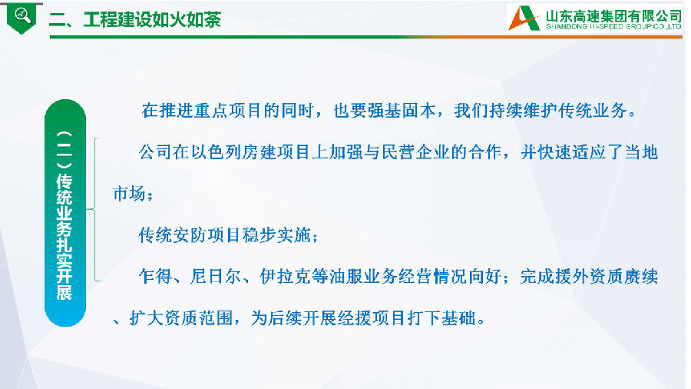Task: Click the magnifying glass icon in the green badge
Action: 23,15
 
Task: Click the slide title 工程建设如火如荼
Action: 152,20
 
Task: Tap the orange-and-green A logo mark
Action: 524,18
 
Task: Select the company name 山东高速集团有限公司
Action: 613,16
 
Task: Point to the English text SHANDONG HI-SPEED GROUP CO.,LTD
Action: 613,26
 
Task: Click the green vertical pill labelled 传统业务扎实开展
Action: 65,213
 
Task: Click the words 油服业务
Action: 363,277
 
